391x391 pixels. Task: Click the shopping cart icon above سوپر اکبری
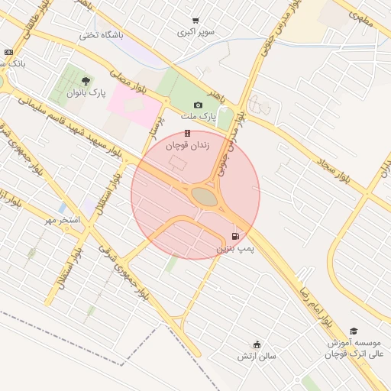point(196,21)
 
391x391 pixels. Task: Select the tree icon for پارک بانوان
point(85,81)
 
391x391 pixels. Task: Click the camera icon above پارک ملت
point(199,105)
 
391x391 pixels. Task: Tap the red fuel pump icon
point(235,236)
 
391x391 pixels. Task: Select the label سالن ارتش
point(256,356)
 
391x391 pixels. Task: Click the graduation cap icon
point(354,331)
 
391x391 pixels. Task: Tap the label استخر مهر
point(61,221)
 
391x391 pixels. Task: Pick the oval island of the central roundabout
point(204,196)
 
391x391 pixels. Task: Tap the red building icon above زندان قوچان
point(187,133)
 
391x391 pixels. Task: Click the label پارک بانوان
point(85,93)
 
